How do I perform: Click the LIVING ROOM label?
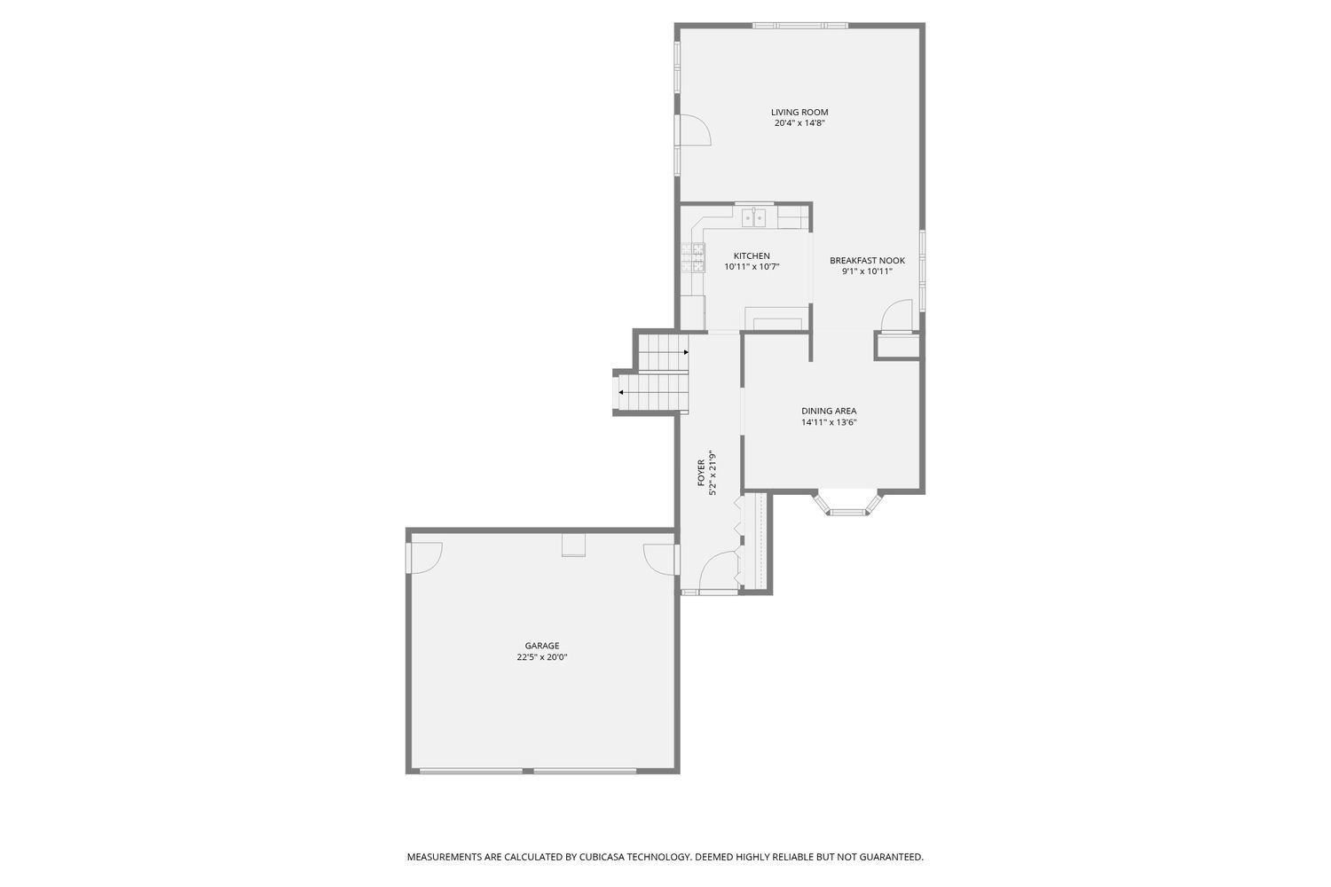pyautogui.click(x=799, y=113)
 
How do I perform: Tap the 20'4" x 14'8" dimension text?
pyautogui.click(x=799, y=124)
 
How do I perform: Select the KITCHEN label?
pyautogui.click(x=752, y=256)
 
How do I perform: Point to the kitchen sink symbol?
pyautogui.click(x=754, y=216)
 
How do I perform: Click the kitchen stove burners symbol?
pyautogui.click(x=692, y=258)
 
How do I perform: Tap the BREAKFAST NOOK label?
pyautogui.click(x=867, y=261)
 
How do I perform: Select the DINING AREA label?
pyautogui.click(x=829, y=412)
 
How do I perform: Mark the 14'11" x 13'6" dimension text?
pyautogui.click(x=829, y=423)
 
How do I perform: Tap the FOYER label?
pyautogui.click(x=701, y=472)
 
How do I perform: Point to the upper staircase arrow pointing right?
pyautogui.click(x=685, y=352)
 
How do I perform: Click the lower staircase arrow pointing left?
pyautogui.click(x=622, y=392)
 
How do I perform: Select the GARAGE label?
pyautogui.click(x=542, y=646)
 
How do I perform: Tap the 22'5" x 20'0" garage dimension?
pyautogui.click(x=542, y=658)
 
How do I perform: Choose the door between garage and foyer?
pyautogui.click(x=661, y=559)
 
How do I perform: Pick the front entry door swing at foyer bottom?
pyautogui.click(x=719, y=572)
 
